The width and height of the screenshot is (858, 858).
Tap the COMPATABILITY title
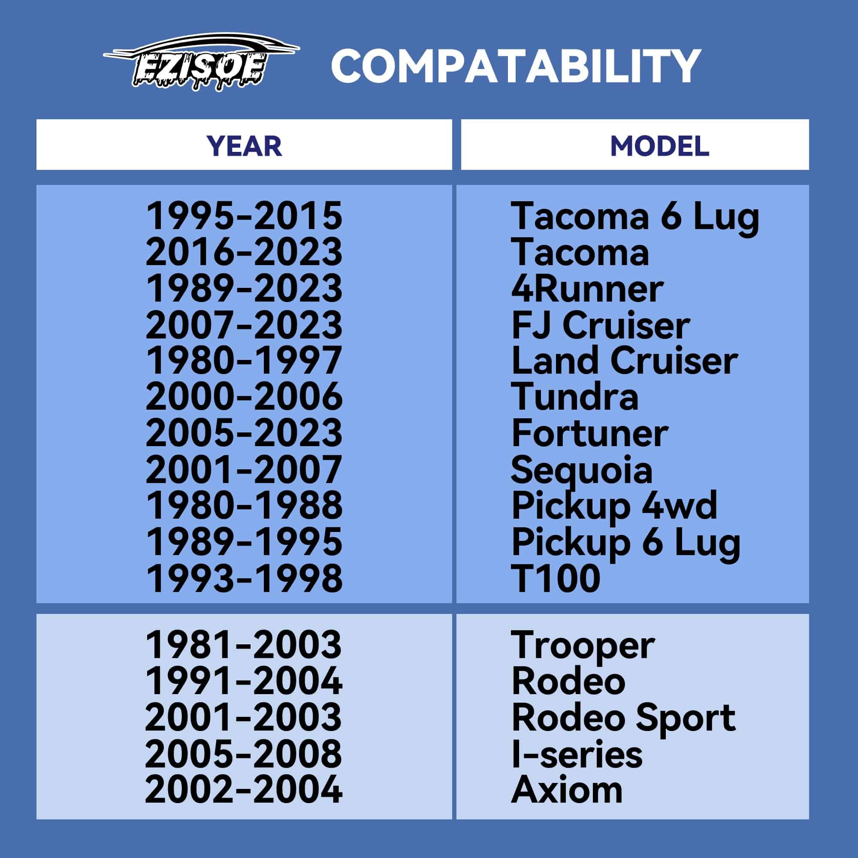pos(516,66)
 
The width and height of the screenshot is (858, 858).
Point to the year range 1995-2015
pos(244,216)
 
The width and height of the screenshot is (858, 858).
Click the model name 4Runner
pos(587,289)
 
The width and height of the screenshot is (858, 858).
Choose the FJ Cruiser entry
pos(601,325)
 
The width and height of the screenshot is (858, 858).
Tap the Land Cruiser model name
pos(624,361)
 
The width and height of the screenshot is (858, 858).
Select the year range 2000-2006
pos(244,396)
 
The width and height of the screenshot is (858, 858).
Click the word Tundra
pos(575,396)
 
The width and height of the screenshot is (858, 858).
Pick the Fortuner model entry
pos(590,433)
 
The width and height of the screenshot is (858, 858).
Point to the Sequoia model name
pos(582,470)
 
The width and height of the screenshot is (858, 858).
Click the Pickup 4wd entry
pos(614,506)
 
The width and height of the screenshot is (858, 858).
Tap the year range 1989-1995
pos(244,542)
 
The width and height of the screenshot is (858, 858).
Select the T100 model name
pos(556,578)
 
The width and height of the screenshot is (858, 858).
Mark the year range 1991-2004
pos(244,681)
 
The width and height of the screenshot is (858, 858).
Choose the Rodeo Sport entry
pos(623,718)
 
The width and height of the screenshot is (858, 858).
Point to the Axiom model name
pos(567,790)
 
